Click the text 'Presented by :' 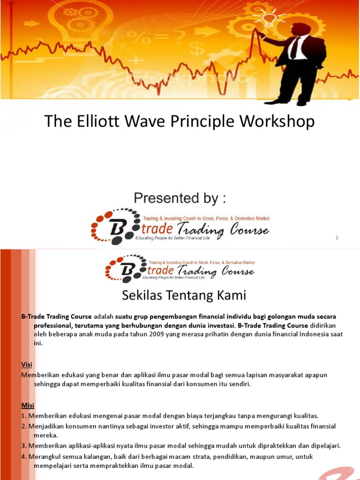point(180,198)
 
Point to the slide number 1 point(337,238)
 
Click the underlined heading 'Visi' point(27,364)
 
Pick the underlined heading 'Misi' point(28,405)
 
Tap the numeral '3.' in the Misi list point(24,445)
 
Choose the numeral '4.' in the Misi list point(24,456)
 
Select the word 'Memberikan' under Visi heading point(40,375)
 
